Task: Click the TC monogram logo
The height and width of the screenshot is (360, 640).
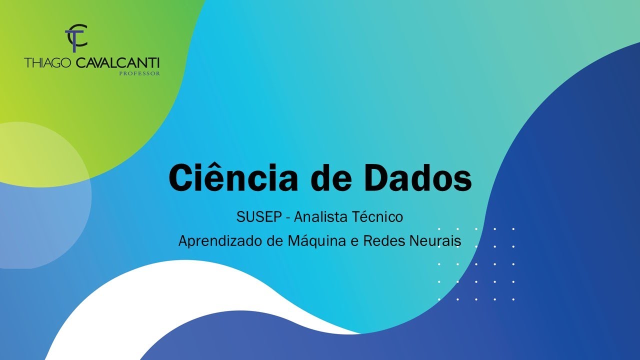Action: [76, 37]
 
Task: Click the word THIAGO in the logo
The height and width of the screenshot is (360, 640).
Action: [48, 63]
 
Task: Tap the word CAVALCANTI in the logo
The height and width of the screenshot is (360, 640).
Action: [117, 63]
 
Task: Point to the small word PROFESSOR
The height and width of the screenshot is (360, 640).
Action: [139, 73]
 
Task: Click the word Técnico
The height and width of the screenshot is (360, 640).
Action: [378, 217]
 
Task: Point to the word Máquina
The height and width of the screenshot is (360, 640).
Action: [310, 241]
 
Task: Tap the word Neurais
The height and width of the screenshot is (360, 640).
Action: [436, 241]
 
